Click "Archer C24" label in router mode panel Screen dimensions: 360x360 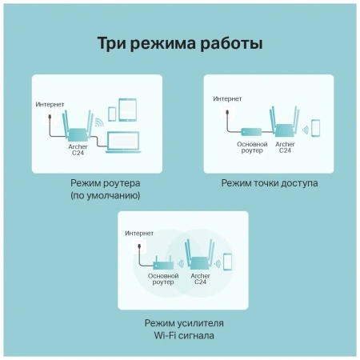(78, 152)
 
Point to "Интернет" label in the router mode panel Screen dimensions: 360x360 (50, 105)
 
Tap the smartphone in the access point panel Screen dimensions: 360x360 (316, 128)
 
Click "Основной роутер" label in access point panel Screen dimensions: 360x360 (247, 148)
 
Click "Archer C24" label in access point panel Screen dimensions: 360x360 (284, 148)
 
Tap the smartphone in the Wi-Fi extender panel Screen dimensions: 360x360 (227, 263)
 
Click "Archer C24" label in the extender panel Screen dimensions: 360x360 (200, 279)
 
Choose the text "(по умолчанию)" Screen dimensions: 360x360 (105, 195)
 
